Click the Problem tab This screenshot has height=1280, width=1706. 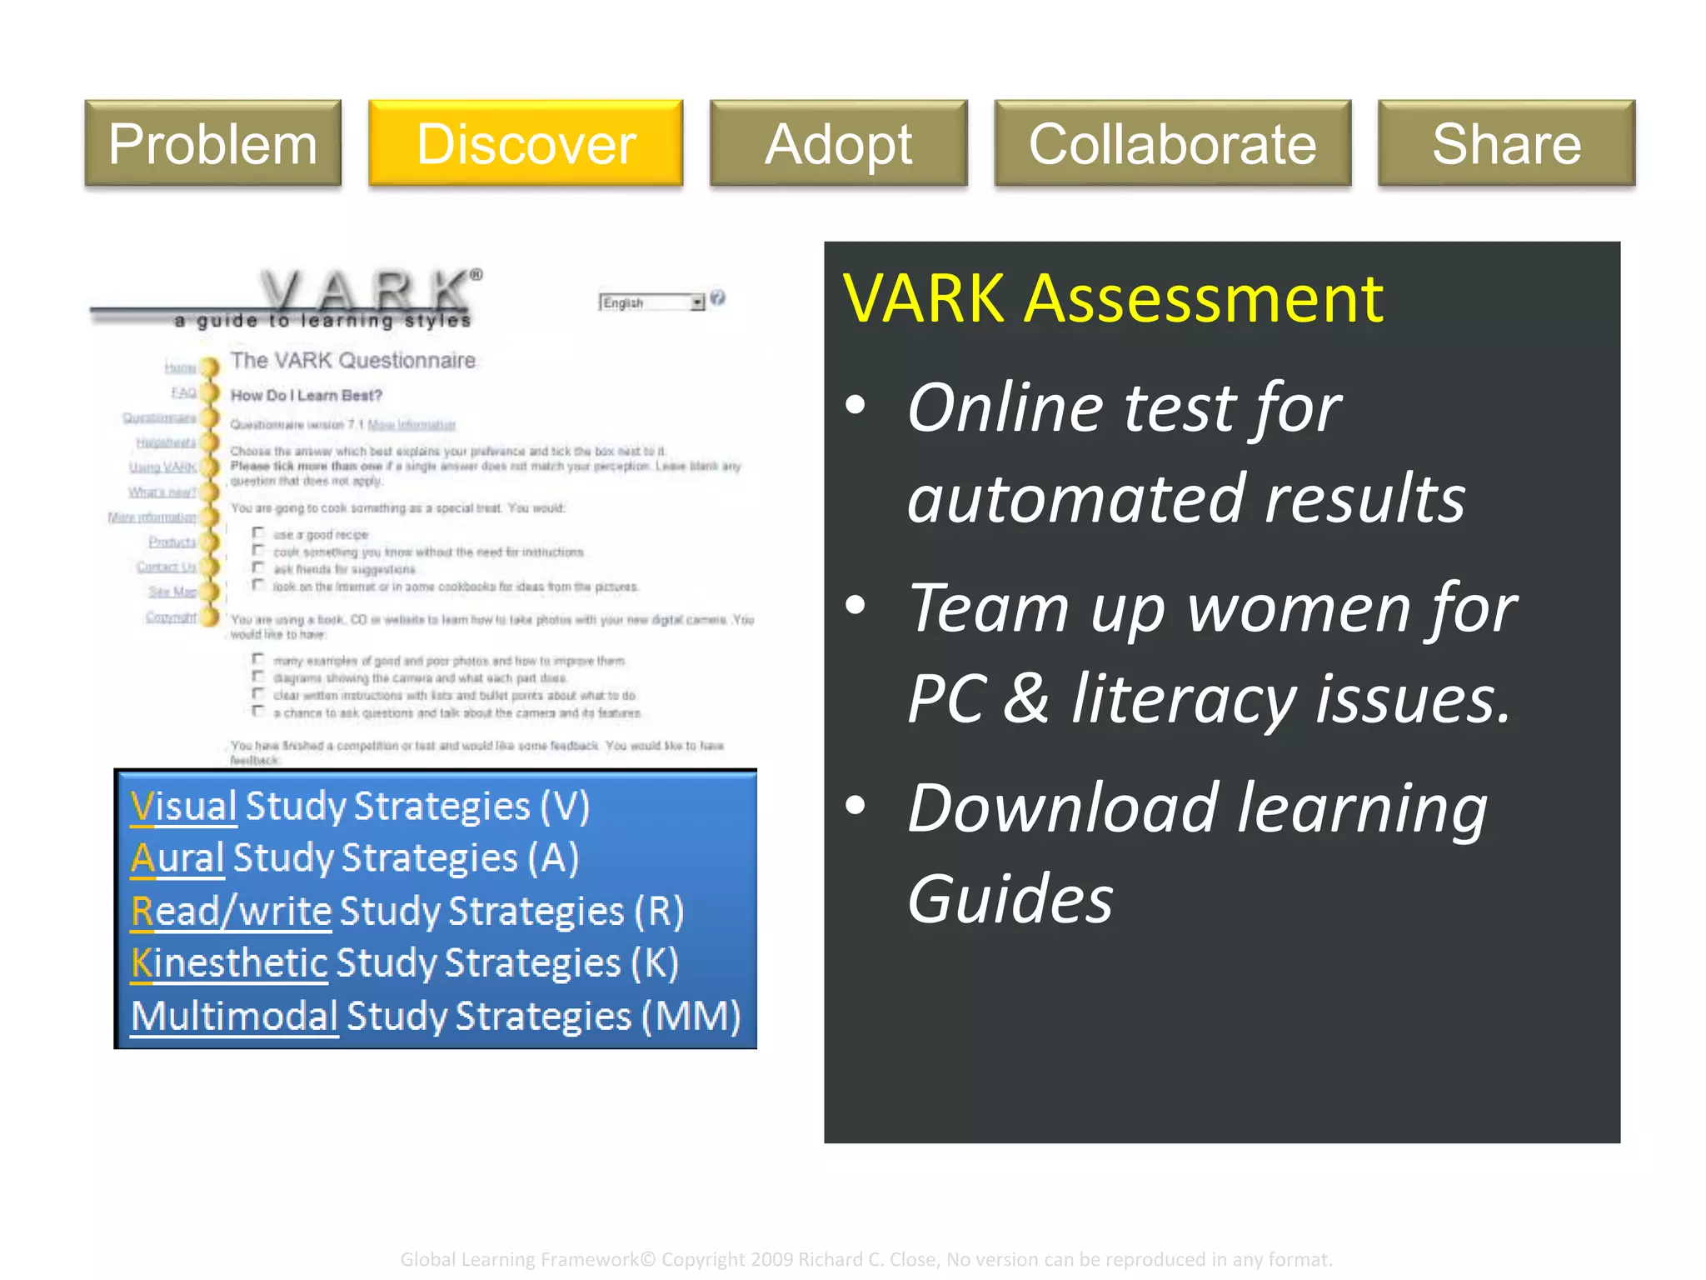(x=213, y=143)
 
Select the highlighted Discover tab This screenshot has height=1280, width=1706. (x=526, y=143)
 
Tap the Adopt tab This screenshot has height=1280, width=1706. (x=838, y=143)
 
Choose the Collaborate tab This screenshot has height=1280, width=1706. (x=1172, y=143)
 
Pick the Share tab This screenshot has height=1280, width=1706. (x=1506, y=143)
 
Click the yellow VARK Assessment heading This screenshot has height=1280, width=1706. (x=1113, y=298)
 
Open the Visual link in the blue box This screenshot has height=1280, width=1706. (x=184, y=807)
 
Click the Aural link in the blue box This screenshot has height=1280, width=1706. (x=177, y=858)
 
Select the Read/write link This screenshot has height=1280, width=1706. (x=232, y=911)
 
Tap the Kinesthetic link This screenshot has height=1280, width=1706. (x=230, y=963)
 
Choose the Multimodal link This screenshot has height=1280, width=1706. (x=234, y=1016)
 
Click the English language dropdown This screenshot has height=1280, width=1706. (x=651, y=302)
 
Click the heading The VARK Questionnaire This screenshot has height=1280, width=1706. (x=353, y=361)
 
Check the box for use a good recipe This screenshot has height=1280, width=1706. (x=259, y=533)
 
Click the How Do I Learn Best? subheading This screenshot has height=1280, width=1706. (x=306, y=396)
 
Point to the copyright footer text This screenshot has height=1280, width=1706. (x=866, y=1259)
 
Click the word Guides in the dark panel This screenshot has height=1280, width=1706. (x=1010, y=900)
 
